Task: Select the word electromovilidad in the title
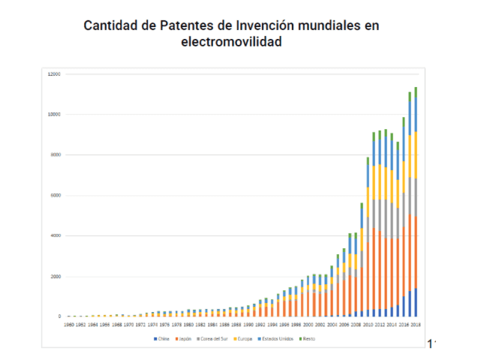[231, 43]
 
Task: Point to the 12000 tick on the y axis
[54, 74]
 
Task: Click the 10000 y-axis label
[54, 115]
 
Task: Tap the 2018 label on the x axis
[415, 325]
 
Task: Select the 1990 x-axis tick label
[247, 325]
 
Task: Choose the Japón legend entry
[183, 340]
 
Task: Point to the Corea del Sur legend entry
[215, 340]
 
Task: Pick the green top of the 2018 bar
[416, 92]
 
